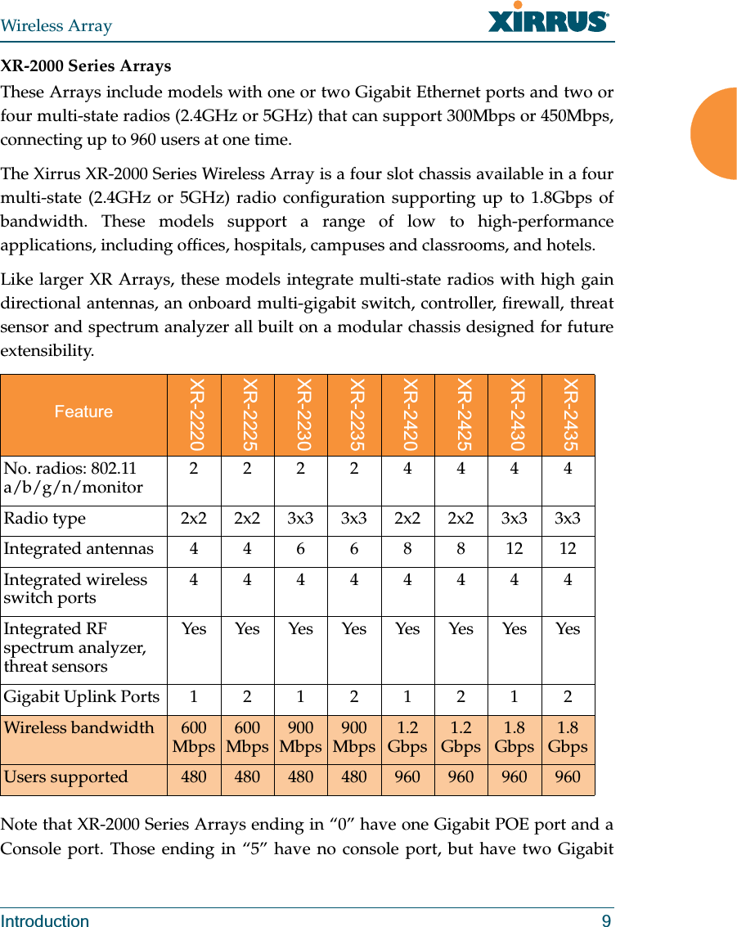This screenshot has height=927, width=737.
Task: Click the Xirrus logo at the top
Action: [548, 18]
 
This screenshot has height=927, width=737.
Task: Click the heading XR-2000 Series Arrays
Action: [86, 66]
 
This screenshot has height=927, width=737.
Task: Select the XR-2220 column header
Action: [194, 415]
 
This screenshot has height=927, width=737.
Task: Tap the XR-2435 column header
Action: [568, 415]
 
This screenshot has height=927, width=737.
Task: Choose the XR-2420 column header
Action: [407, 415]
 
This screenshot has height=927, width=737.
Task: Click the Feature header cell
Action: [83, 412]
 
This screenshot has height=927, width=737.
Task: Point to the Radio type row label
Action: [45, 520]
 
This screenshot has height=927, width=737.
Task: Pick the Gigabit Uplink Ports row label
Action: [82, 697]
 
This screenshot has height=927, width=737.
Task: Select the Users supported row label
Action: [66, 777]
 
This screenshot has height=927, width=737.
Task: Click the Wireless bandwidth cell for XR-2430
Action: [514, 737]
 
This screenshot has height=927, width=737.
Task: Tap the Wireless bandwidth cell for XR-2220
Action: [194, 737]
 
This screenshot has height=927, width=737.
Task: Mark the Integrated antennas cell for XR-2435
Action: [568, 549]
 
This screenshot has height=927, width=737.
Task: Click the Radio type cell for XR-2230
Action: [300, 520]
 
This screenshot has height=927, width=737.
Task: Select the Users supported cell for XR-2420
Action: [407, 777]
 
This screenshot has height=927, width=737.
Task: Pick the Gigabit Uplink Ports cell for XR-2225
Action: [247, 697]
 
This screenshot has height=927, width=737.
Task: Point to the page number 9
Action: [606, 921]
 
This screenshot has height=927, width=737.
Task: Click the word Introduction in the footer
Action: [45, 921]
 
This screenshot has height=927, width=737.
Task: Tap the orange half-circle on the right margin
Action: [714, 133]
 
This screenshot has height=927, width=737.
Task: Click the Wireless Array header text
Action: [56, 25]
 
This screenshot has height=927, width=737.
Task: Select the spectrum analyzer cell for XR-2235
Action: [353, 629]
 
